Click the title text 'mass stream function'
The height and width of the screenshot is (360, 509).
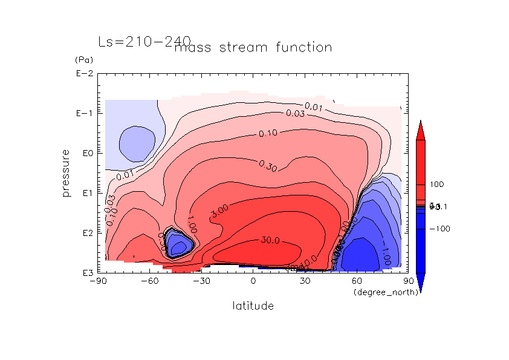click(253, 47)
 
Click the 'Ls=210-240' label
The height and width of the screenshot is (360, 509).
click(144, 42)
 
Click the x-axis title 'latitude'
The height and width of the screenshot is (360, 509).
click(253, 306)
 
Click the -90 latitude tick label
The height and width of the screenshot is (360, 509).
click(97, 281)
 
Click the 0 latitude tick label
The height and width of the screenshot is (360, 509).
click(253, 281)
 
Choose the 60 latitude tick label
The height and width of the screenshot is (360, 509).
click(357, 281)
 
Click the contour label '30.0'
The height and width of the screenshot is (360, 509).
click(270, 240)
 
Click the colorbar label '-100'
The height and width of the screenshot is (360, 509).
click(439, 229)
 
